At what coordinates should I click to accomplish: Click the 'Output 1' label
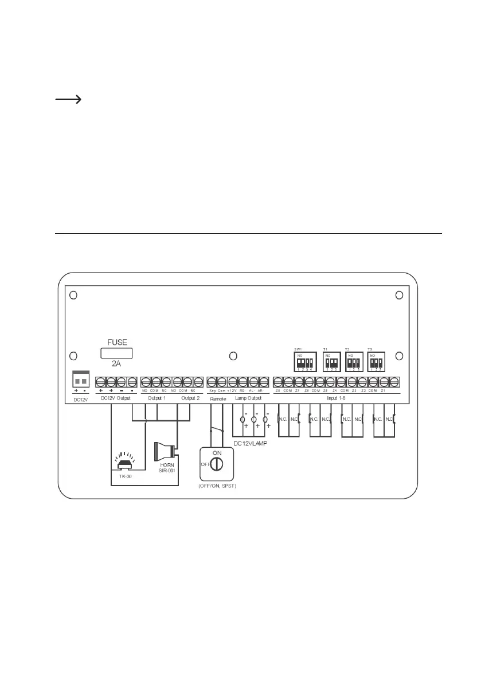[156, 398]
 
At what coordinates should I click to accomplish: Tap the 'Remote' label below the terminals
[218, 398]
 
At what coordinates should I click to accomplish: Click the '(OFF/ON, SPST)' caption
[218, 486]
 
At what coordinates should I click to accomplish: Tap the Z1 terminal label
[385, 391]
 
